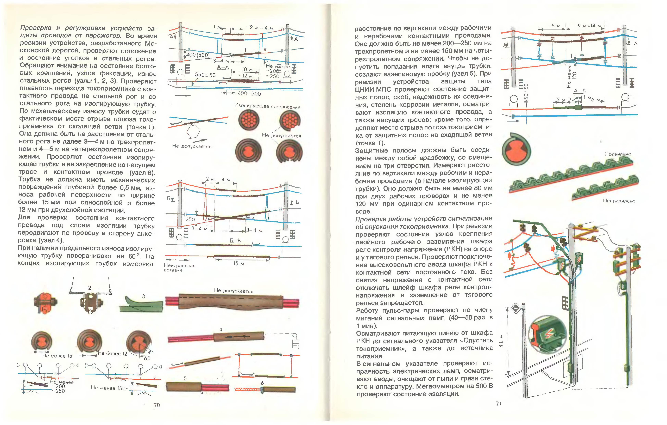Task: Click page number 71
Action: click(499, 404)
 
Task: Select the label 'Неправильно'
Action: click(619, 201)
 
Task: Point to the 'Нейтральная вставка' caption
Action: click(179, 268)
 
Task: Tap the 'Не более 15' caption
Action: click(57, 356)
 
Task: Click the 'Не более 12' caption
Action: click(112, 354)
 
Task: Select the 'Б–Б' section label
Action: click(235, 240)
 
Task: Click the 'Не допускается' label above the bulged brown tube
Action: click(234, 290)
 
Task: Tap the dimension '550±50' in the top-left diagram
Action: click(205, 75)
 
